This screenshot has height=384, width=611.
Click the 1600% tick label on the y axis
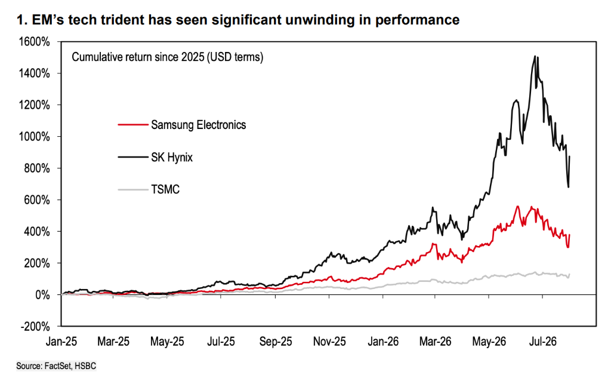point(34,42)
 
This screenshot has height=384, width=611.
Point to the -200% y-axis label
point(35,326)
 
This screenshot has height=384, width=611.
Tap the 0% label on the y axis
point(42,295)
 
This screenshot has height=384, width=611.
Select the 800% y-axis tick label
point(38,168)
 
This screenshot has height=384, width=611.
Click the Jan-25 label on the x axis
point(61,342)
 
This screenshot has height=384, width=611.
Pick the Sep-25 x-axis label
point(276,342)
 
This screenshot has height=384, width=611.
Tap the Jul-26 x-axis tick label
point(543,342)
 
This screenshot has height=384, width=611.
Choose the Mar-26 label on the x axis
point(435,342)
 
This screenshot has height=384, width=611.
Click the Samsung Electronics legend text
point(199,125)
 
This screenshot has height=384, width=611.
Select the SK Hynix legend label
point(172,157)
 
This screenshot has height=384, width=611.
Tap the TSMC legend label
point(165,189)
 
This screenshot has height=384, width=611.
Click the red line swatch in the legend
point(133,125)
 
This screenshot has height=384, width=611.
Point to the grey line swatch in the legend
point(133,190)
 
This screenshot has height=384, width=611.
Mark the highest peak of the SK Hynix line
point(535,56)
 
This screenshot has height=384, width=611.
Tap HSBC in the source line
point(85,366)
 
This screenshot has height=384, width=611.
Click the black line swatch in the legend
point(133,157)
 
